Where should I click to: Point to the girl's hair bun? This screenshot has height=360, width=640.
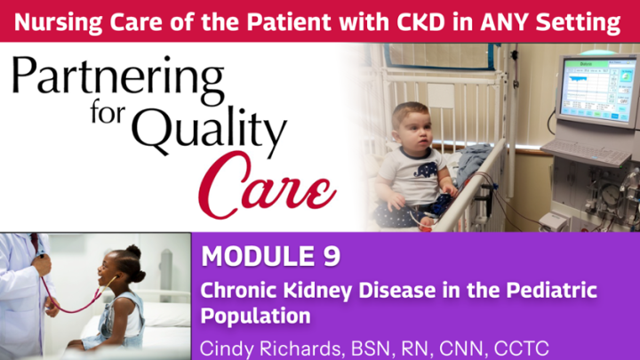click(133, 252)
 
